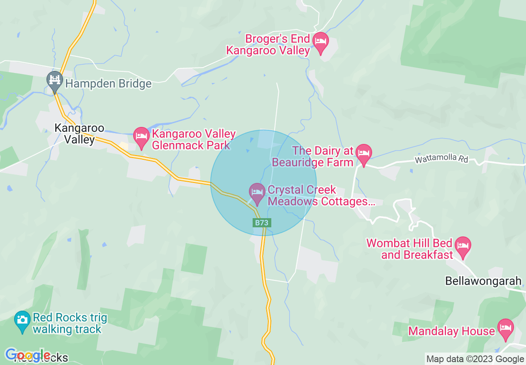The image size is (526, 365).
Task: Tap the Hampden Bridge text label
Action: [108, 84]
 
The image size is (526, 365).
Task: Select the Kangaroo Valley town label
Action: [79, 134]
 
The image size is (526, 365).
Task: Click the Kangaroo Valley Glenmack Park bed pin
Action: [141, 137]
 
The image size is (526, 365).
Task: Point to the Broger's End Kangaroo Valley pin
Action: [320, 42]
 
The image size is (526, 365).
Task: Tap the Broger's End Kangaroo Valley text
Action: [268, 45]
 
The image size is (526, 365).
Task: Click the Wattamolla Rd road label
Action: [441, 159]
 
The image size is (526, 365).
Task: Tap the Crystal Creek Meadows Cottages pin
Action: [257, 193]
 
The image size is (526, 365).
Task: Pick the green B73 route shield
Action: [262, 223]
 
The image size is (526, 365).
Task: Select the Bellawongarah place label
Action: [483, 281]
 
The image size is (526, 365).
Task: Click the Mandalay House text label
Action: [451, 331]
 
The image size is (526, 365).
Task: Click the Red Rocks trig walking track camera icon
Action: [22, 321]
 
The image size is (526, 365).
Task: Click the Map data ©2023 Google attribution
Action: [475, 359]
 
